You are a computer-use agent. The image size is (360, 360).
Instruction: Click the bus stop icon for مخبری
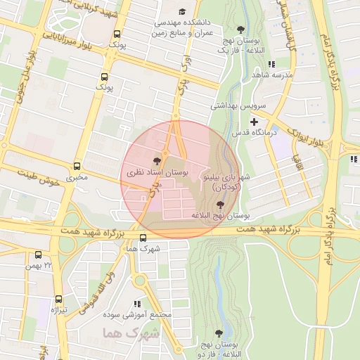(x=77, y=167)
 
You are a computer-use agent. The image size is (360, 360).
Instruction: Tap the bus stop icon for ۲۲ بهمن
(x=37, y=255)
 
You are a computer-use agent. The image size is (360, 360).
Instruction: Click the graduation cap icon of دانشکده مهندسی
(x=182, y=12)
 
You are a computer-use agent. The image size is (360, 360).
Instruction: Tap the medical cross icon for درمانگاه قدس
(x=254, y=122)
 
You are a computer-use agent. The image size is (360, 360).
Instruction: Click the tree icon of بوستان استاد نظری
(x=156, y=160)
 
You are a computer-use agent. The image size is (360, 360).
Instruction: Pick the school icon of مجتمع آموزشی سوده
(x=137, y=304)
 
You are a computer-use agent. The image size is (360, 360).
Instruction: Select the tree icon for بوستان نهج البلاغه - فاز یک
(x=241, y=30)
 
